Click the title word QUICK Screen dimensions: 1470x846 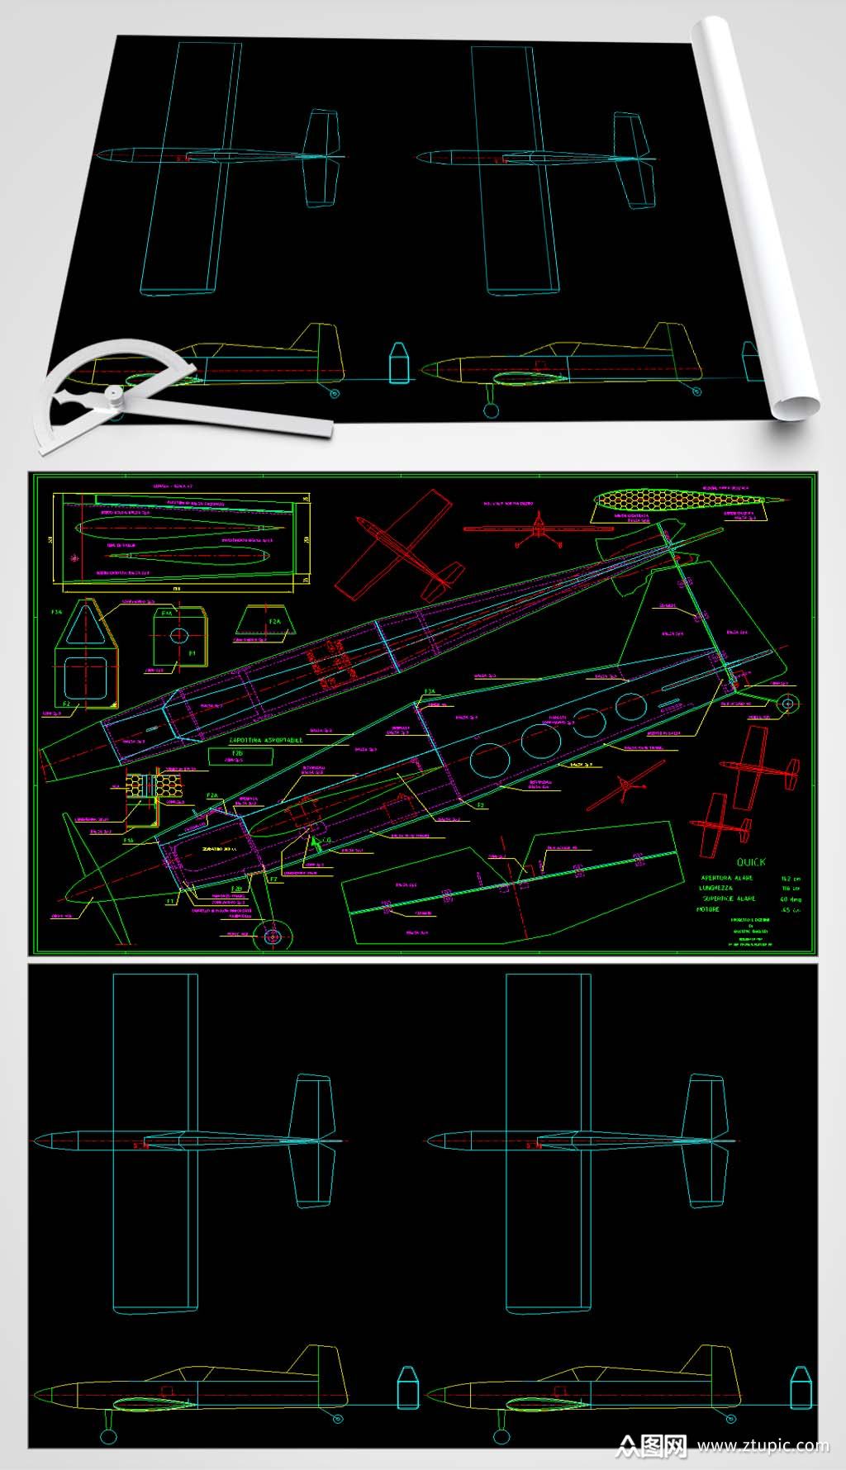[750, 861]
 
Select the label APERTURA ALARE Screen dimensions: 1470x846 [727, 878]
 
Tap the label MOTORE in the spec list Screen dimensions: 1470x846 [709, 909]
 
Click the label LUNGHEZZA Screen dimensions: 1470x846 [716, 888]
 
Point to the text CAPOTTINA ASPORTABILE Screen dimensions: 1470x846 [265, 740]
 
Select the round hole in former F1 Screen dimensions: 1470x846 [179, 635]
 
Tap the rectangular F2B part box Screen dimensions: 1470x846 [237, 756]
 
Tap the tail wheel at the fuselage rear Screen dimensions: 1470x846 [788, 704]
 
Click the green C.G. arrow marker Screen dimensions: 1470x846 [314, 846]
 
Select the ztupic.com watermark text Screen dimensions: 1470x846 [762, 1445]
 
